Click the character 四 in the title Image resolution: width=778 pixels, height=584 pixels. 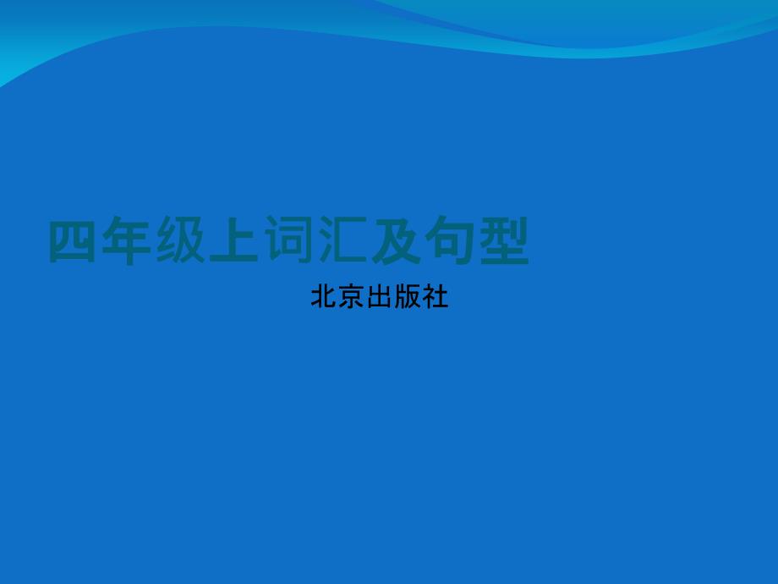click(73, 241)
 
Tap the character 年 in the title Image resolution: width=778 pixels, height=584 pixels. click(126, 240)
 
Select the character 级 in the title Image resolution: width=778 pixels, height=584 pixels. click(180, 240)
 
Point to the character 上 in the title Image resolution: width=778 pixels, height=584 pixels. click(233, 240)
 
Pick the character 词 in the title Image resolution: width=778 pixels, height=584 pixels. click(288, 240)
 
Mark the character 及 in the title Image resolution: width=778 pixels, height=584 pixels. click(396, 240)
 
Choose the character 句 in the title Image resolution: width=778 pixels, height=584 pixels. click(450, 240)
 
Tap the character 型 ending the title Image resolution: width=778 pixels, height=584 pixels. click(504, 240)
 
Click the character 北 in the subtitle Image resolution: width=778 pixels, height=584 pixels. click(324, 296)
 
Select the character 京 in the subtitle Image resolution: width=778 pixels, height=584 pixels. click(352, 296)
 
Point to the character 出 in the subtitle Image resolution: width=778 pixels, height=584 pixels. click(380, 296)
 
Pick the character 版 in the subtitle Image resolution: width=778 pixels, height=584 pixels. click(408, 296)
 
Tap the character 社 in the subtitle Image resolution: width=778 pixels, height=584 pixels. click(436, 296)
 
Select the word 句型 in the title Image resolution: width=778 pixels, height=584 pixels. click(477, 240)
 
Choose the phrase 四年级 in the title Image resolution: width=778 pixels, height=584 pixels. click(127, 240)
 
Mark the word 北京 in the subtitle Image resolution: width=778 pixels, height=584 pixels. click(338, 296)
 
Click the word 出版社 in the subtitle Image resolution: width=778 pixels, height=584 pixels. click(408, 296)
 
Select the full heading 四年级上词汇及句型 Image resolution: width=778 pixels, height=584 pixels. click(288, 240)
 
